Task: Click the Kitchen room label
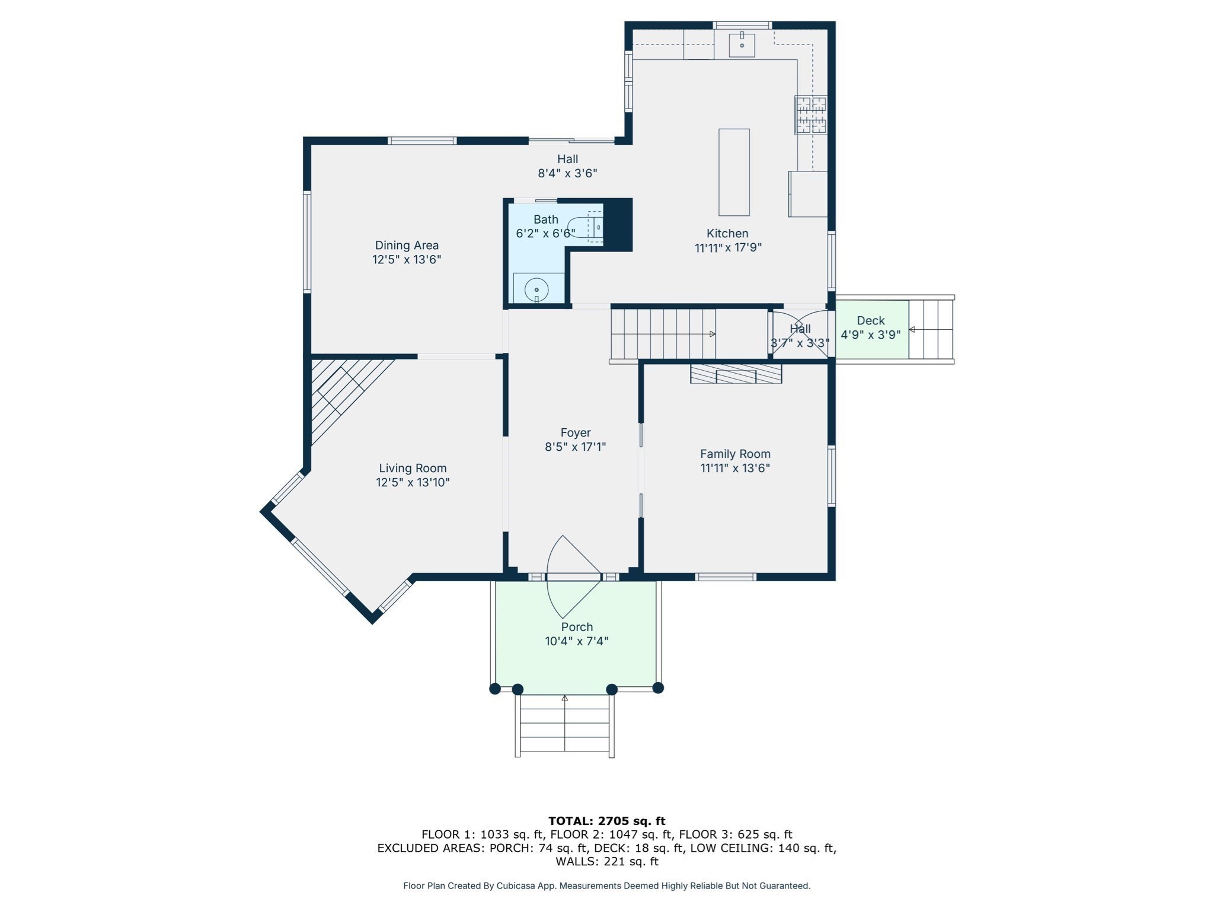(727, 234)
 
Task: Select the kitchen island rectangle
(734, 172)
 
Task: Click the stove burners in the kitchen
(810, 115)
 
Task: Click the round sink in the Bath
(536, 289)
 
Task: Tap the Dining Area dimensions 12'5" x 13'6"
(407, 260)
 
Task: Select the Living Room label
(413, 469)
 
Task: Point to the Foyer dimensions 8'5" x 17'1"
(575, 447)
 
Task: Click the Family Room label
(735, 454)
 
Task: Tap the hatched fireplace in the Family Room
(736, 374)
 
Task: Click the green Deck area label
(870, 321)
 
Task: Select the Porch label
(577, 627)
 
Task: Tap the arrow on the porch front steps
(565, 698)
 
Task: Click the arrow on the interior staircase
(712, 334)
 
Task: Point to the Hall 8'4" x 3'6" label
(567, 160)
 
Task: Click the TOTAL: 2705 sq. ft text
(606, 821)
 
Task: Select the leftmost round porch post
(495, 689)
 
